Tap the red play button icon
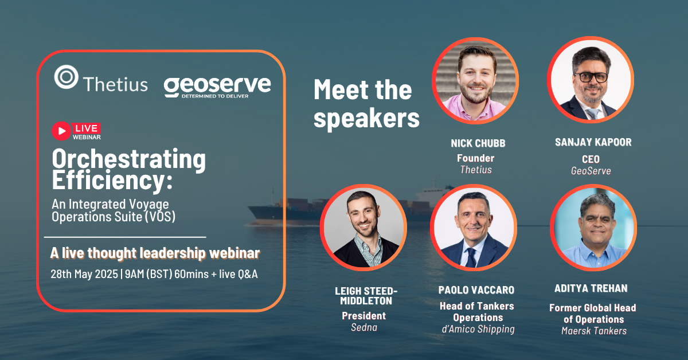tap(61, 131)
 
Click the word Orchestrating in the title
tap(129, 159)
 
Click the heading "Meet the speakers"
tap(366, 104)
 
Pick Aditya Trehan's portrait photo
tap(593, 228)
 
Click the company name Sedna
tap(363, 327)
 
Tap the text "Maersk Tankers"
tap(593, 330)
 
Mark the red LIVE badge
tap(87, 128)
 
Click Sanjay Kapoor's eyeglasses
tap(590, 77)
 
